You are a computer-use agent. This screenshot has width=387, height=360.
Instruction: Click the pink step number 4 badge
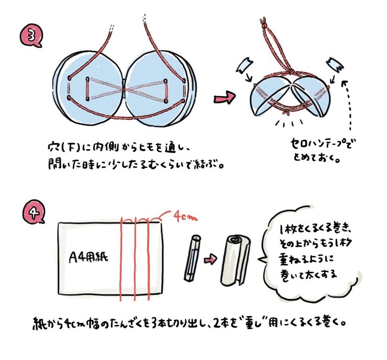click(33, 211)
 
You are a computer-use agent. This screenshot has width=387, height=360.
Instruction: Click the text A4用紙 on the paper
click(88, 257)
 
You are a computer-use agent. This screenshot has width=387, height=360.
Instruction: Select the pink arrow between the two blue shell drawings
click(224, 98)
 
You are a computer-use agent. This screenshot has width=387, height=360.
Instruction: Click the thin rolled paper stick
click(193, 258)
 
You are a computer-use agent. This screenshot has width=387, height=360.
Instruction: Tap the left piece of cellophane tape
click(244, 65)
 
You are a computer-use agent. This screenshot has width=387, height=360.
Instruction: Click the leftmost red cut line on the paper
click(121, 259)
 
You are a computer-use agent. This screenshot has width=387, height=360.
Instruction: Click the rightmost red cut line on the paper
click(148, 259)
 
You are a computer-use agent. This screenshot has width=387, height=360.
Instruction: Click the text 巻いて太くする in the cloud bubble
click(309, 274)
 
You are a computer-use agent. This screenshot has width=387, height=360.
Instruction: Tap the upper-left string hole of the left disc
click(70, 77)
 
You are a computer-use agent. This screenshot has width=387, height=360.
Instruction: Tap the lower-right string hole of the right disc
click(183, 101)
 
